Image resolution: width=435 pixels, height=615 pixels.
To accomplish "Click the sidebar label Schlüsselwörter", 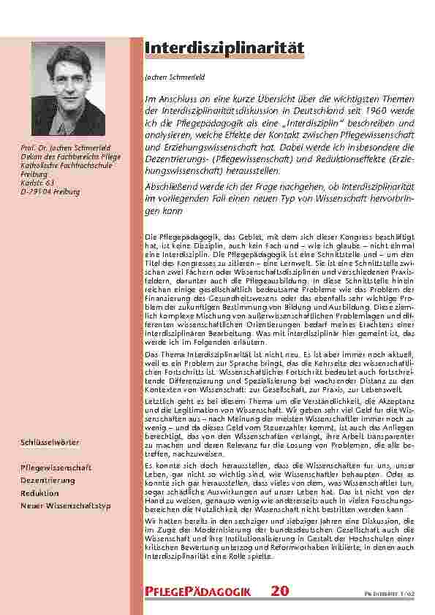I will [x=50, y=443].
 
